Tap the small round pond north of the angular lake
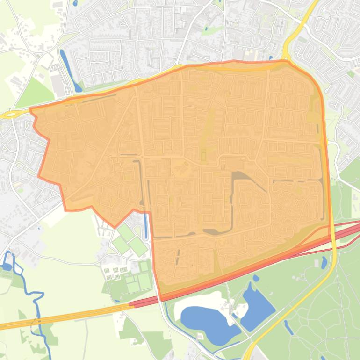(x=256, y=278)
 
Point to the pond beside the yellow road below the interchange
(x=324, y=263)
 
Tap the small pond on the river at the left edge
(x=7, y=267)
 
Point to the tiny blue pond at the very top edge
(x=75, y=3)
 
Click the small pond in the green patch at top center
(x=206, y=29)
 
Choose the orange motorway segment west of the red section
(x=65, y=316)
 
